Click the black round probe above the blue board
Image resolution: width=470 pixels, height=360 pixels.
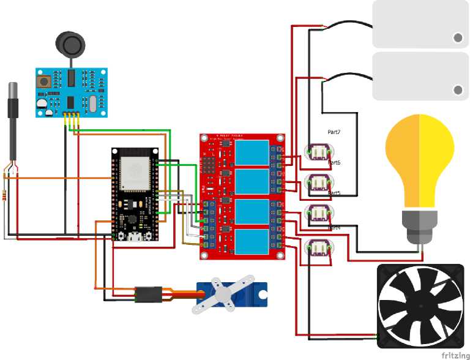pos(70,44)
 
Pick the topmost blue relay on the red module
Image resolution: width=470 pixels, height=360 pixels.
pos(251,152)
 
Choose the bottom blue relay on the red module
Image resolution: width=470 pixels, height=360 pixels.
pos(251,242)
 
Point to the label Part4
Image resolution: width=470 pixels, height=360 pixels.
pos(334,228)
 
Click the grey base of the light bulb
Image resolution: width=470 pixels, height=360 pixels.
pos(420,224)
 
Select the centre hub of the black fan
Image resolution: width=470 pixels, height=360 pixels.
pos(420,305)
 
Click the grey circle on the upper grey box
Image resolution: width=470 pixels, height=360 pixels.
pos(458,38)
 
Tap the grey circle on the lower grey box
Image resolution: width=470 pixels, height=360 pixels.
pos(458,91)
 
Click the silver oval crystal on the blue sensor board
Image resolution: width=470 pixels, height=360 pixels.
pos(92,103)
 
